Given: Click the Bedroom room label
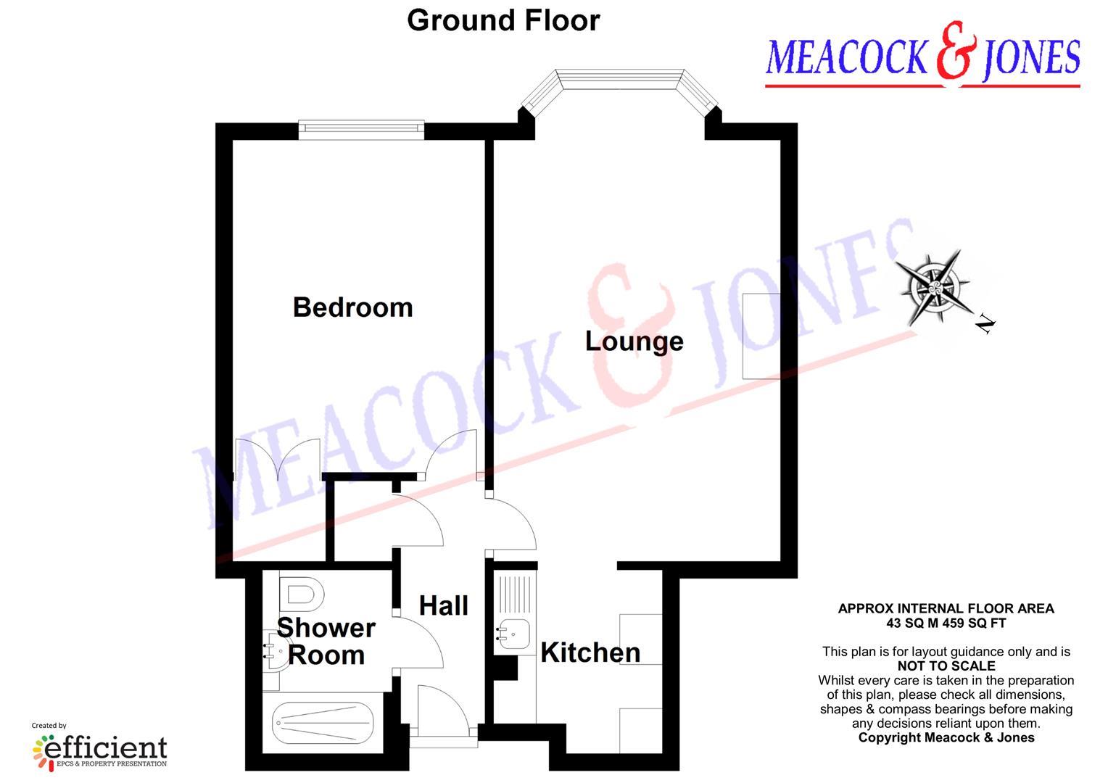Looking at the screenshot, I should (x=353, y=307).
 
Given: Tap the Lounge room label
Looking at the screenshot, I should (x=634, y=341).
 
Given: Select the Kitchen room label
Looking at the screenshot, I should (x=590, y=652).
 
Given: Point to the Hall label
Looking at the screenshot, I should (x=444, y=605).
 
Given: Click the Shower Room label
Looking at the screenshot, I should (x=326, y=641).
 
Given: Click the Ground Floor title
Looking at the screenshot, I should (x=503, y=20).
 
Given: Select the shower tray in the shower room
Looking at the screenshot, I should (x=323, y=723).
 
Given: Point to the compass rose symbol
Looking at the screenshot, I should (x=936, y=285).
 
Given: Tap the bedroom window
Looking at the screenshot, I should (x=361, y=129).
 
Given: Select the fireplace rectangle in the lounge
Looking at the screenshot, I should (x=761, y=336).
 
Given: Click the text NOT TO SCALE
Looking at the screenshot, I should (x=946, y=666).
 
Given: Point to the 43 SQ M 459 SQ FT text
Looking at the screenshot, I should (x=946, y=623).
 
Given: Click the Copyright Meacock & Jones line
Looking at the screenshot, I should (x=946, y=738).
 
